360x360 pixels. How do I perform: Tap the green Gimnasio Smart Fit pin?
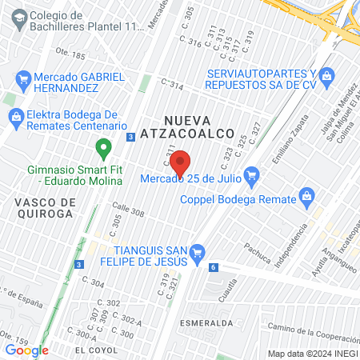coord(102,148)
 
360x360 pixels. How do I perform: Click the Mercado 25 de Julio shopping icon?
coord(252,175)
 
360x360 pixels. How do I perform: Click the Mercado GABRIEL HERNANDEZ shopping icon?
coord(23,80)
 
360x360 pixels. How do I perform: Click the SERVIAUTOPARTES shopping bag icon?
coord(326,76)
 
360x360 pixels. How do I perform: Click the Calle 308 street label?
coord(127,212)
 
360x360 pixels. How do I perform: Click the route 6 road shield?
coord(214,267)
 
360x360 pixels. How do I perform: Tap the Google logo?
coord(26,350)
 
